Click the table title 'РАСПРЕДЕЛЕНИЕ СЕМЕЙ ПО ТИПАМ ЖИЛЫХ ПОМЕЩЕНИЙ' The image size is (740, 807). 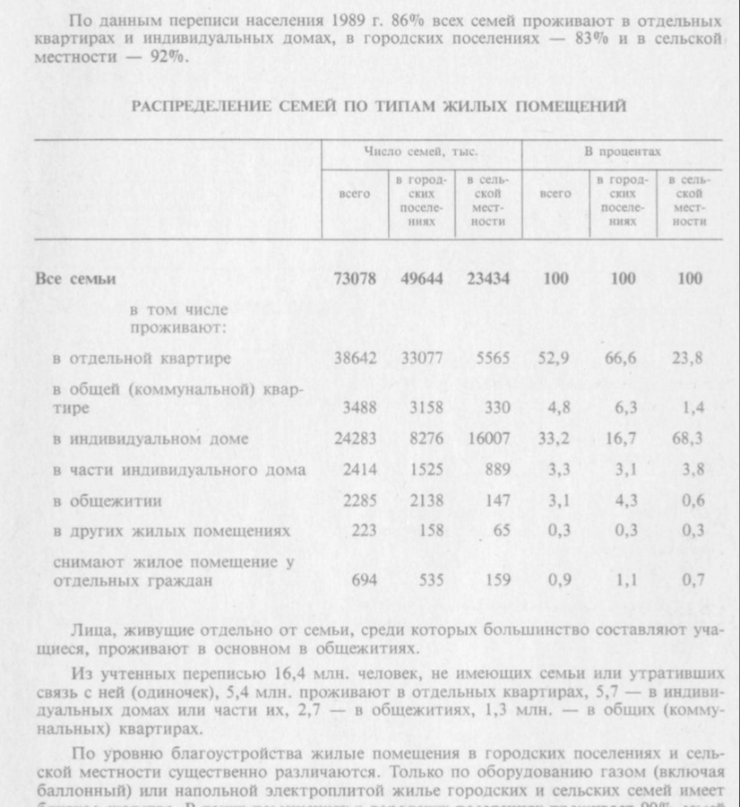point(378,107)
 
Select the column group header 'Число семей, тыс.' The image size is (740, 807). point(421,152)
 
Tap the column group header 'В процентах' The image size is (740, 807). point(623,152)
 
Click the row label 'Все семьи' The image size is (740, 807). point(75,279)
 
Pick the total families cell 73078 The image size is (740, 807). point(355,279)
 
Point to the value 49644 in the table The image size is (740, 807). point(422,279)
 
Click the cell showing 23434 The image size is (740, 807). point(488,279)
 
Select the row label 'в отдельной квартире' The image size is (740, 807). point(142,359)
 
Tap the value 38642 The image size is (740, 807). point(355,359)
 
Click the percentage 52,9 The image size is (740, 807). point(555,359)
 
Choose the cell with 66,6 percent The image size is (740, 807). point(623,359)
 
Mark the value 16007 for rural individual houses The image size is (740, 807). point(488,439)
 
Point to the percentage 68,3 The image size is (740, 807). point(689,439)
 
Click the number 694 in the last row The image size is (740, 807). point(364,580)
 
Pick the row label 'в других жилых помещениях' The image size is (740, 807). point(171,532)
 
